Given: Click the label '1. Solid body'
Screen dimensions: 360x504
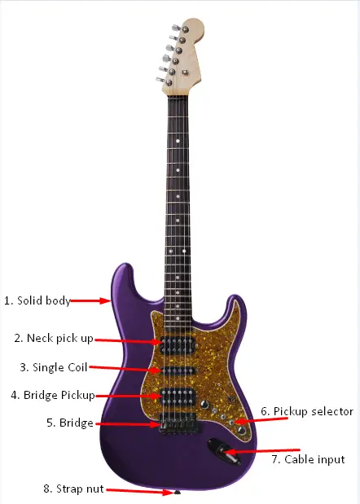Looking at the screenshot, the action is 37,301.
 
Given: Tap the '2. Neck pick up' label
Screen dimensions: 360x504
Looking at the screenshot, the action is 54,339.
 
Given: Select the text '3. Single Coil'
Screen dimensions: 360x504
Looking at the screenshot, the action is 54,367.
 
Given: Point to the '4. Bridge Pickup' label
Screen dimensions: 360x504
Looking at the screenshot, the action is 53,395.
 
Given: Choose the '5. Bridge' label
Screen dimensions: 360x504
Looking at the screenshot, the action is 70,423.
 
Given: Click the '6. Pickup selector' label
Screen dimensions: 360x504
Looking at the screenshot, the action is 307,411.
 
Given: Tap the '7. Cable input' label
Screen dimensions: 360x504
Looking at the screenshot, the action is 308,459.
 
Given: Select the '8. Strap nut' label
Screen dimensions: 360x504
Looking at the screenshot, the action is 73,489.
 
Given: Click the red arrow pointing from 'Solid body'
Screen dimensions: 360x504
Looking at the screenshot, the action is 90,301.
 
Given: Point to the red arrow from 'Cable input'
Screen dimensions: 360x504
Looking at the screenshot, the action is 262,451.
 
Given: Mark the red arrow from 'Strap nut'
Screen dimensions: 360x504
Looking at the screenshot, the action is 140,491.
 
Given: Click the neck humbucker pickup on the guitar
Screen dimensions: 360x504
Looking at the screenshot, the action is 178,345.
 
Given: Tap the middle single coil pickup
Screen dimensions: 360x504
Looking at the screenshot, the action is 178,371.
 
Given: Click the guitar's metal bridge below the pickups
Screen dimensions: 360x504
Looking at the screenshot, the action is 179,423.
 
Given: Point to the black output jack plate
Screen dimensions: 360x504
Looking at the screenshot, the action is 224,451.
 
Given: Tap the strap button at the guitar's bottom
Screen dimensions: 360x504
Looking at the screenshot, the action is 177,492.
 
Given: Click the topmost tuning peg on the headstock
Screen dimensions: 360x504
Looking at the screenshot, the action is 180,28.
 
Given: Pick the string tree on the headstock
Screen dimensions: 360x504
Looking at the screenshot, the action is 185,72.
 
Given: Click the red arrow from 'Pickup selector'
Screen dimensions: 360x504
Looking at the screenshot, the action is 261,420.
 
